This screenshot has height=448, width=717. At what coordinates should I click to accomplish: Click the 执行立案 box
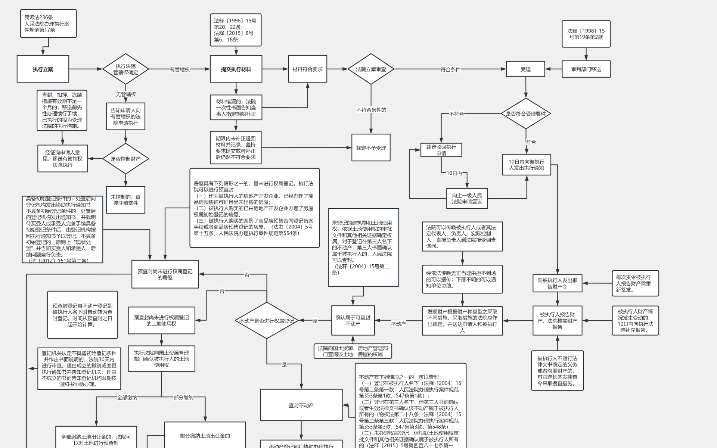(x=43, y=69)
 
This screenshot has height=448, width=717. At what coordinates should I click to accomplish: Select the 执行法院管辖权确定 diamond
(x=125, y=69)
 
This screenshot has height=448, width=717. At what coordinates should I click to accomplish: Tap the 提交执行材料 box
(x=236, y=69)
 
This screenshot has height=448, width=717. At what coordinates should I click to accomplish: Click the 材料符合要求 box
(x=307, y=69)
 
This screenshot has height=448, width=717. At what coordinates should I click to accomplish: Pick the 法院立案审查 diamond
(x=371, y=69)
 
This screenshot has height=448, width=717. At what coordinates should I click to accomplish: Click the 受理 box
(x=525, y=69)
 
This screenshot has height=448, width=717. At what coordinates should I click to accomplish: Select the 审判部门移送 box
(x=586, y=69)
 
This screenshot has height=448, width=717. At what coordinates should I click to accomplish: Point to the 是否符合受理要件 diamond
(x=526, y=113)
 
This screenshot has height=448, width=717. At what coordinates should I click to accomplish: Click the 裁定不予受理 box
(x=371, y=148)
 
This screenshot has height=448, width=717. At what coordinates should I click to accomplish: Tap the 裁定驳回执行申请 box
(x=441, y=150)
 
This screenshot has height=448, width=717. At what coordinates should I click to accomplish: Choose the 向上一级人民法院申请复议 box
(x=467, y=198)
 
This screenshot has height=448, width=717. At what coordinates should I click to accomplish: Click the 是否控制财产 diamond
(x=125, y=159)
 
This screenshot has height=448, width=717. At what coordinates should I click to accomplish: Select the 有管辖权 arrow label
(x=180, y=69)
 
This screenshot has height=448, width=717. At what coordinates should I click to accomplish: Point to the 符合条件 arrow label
(x=450, y=69)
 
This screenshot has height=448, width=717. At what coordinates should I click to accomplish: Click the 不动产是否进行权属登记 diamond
(x=266, y=321)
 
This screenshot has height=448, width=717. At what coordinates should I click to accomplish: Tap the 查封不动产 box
(x=301, y=405)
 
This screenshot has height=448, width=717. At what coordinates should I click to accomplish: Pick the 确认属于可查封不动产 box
(x=353, y=320)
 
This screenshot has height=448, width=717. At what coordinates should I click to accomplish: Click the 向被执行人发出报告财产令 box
(x=557, y=283)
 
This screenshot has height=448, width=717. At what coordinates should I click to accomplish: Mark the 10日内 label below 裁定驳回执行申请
(x=454, y=173)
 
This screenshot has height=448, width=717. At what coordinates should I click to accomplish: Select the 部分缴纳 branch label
(x=183, y=397)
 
